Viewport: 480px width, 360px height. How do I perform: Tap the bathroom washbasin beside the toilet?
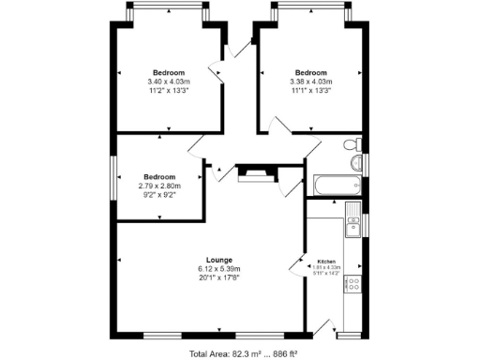click(356, 163)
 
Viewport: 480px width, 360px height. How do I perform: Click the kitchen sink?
click(354, 225)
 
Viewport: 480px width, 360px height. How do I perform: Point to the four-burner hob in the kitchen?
click(354, 284)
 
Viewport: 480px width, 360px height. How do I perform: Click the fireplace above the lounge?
click(253, 172)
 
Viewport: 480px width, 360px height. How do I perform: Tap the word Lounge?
click(219, 260)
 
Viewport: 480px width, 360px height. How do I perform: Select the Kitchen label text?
click(326, 262)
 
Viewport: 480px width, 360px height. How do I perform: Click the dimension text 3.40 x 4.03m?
click(169, 82)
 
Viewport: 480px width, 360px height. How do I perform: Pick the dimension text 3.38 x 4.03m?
click(310, 82)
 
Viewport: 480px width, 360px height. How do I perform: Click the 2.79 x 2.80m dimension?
click(159, 187)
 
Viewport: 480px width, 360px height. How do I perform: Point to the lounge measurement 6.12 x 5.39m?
click(219, 269)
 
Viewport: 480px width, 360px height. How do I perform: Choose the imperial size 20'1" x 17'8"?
click(219, 278)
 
